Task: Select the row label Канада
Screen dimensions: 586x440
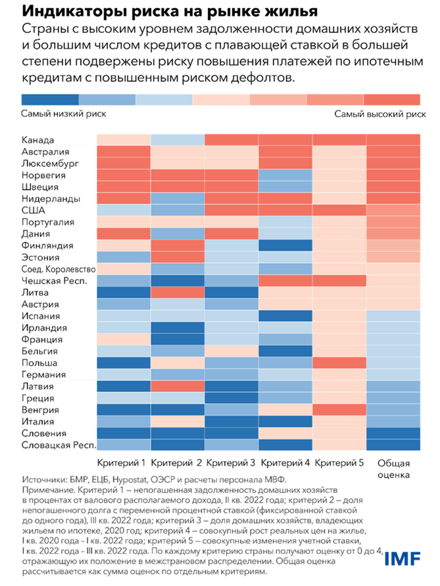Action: coord(37,140)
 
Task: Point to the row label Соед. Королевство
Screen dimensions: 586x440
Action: coord(59,270)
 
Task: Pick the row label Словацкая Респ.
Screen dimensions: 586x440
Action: coord(59,445)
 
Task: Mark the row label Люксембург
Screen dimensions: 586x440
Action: coord(50,164)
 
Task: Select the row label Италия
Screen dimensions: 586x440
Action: coord(38,422)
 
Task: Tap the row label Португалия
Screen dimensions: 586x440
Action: coord(48,222)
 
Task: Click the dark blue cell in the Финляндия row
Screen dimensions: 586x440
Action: coord(285,245)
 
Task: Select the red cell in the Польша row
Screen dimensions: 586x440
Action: coord(339,362)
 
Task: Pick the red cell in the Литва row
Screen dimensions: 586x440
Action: coord(178,293)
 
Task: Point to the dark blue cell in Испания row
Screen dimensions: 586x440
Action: coord(285,316)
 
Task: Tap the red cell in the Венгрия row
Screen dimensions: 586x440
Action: coord(339,410)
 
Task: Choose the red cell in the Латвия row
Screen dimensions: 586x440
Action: coord(178,386)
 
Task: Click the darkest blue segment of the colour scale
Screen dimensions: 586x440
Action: coord(49,99)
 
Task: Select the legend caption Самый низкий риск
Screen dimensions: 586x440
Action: coord(63,114)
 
